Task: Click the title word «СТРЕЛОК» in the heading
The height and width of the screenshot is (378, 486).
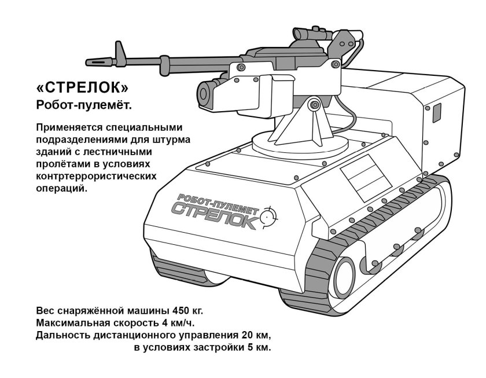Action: pos(82,88)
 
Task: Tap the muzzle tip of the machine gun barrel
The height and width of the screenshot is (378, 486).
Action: pos(89,61)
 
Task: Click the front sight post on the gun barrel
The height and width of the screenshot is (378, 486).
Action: pos(120,51)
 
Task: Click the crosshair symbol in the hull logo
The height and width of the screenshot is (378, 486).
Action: pos(268,217)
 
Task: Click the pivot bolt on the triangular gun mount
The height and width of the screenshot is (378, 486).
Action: pos(314,105)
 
